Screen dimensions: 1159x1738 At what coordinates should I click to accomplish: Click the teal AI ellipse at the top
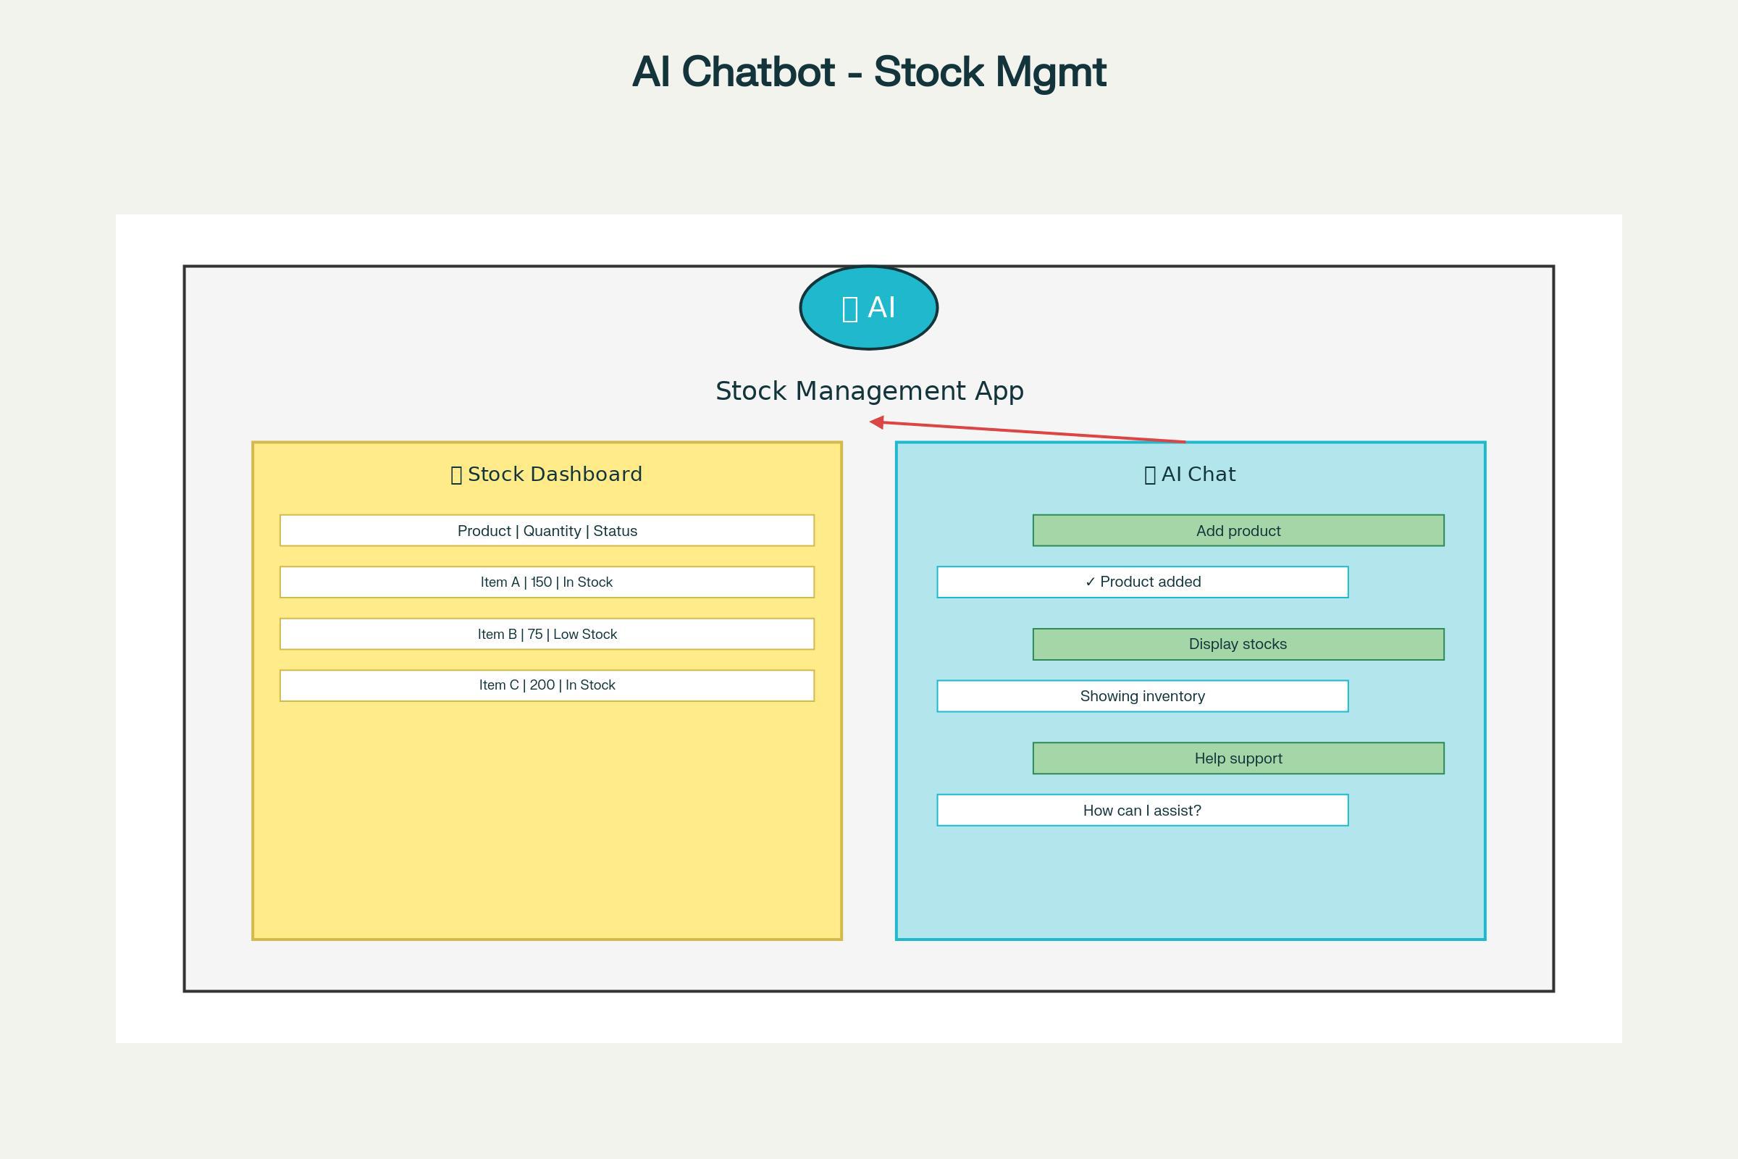pyautogui.click(x=868, y=307)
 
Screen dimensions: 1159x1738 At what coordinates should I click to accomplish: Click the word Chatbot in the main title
pyautogui.click(x=758, y=72)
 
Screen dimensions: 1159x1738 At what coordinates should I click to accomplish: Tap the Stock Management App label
pyautogui.click(x=869, y=391)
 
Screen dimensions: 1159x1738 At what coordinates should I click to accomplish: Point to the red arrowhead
pyautogui.click(x=876, y=422)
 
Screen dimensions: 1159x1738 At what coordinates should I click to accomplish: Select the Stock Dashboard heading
pyautogui.click(x=547, y=474)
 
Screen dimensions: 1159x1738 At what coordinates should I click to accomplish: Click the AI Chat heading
pyautogui.click(x=1190, y=474)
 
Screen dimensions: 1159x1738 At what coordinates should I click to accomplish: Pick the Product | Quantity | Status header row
pyautogui.click(x=547, y=531)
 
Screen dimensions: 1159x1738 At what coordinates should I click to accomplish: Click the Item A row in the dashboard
pyautogui.click(x=547, y=582)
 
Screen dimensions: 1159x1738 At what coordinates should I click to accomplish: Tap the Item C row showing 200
pyautogui.click(x=547, y=685)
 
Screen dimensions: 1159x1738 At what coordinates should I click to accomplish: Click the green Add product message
pyautogui.click(x=1238, y=531)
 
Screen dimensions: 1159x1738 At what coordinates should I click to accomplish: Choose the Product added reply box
pyautogui.click(x=1143, y=582)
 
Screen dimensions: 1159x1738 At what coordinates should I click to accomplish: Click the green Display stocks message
pyautogui.click(x=1238, y=645)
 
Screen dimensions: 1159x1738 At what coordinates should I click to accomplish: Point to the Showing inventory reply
pyautogui.click(x=1143, y=696)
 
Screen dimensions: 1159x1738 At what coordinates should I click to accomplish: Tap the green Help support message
pyautogui.click(x=1238, y=758)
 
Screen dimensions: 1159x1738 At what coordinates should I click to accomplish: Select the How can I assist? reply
pyautogui.click(x=1143, y=811)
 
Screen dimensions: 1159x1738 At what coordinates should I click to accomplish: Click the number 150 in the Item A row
pyautogui.click(x=541, y=582)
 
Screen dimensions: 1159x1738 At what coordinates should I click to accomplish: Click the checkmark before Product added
pyautogui.click(x=1090, y=582)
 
